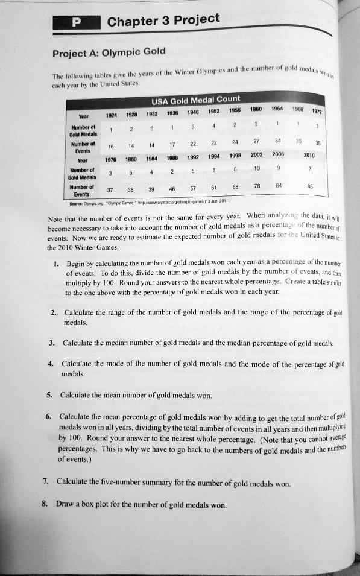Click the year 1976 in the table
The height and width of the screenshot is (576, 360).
(x=110, y=160)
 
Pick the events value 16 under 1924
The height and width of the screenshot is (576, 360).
(x=110, y=145)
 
